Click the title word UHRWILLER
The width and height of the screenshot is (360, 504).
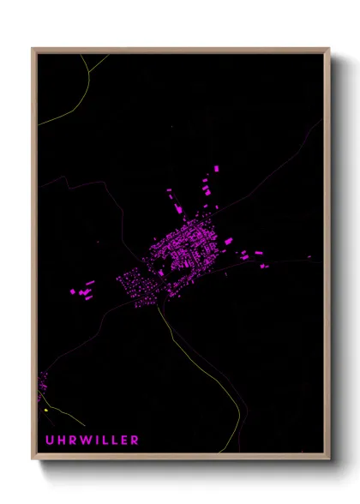coord(88,440)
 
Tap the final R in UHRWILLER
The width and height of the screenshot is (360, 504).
coord(134,440)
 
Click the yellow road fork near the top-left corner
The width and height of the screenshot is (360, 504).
coord(89,68)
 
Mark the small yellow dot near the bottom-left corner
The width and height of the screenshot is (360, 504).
coord(45,411)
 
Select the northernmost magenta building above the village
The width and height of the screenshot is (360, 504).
coord(215,168)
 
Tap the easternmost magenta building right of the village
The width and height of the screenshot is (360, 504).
coord(263,265)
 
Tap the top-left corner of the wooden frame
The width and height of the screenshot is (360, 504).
coord(33,49)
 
